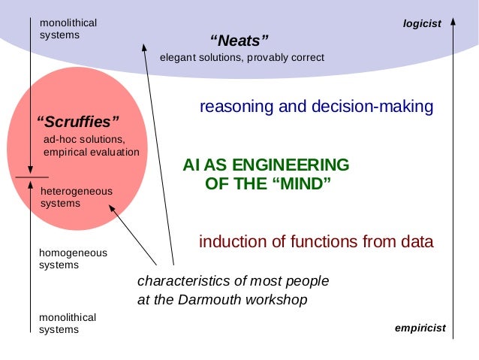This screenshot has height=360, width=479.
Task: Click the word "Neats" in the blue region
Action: pos(239,40)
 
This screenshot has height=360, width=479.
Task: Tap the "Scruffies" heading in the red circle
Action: pos(78,121)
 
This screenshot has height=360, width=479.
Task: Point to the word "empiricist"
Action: pos(420,328)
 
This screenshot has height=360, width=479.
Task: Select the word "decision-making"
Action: pos(373,107)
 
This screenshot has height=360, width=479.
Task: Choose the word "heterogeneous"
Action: pos(76,191)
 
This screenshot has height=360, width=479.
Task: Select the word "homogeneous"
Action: pos(73,253)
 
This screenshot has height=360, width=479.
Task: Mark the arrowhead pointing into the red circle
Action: pos(112,204)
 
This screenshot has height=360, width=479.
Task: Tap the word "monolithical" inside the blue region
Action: pos(68,23)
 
